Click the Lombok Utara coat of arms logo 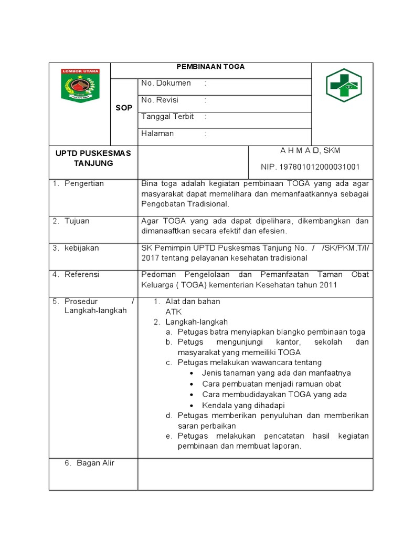pyautogui.click(x=80, y=85)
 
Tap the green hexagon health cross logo pyautogui.click(x=344, y=86)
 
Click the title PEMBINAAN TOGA pyautogui.click(x=210, y=67)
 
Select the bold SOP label pyautogui.click(x=124, y=108)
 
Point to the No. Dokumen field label pyautogui.click(x=166, y=83)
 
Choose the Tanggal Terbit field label pyautogui.click(x=167, y=117)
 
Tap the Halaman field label pyautogui.click(x=157, y=133)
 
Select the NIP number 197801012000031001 pyautogui.click(x=310, y=167)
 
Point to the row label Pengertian pyautogui.click(x=84, y=183)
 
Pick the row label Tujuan pyautogui.click(x=77, y=221)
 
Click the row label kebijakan pyautogui.click(x=81, y=248)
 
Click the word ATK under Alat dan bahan pyautogui.click(x=173, y=311)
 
